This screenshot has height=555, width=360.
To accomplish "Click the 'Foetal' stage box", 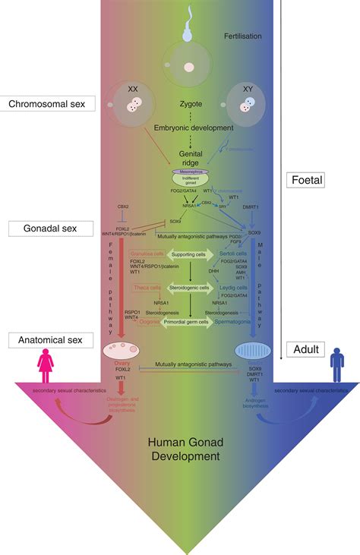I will pos(308,181).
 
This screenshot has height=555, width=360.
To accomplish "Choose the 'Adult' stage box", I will pos(307,350).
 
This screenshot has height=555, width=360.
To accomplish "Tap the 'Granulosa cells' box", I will pos(147,254).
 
